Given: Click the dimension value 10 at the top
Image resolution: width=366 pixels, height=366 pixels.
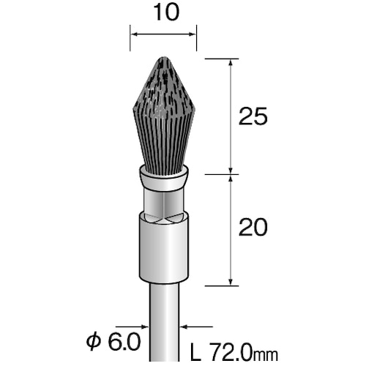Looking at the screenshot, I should tap(163, 13).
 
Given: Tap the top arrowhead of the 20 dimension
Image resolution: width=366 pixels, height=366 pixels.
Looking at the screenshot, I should tap(231, 179).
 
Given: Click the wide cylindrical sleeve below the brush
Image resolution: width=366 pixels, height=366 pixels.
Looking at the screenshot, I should tap(163, 250).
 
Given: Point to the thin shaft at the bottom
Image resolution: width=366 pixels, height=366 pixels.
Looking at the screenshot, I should tap(163, 322).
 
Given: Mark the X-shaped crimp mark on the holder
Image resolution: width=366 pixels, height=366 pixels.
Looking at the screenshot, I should tap(163, 217).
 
